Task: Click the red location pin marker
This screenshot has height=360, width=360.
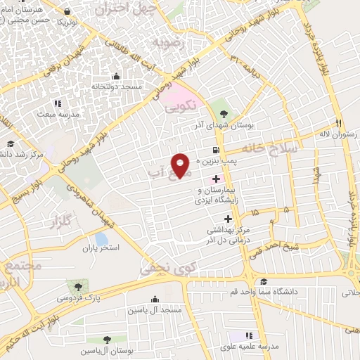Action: [x=181, y=165]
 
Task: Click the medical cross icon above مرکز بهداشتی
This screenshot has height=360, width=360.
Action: [x=227, y=219]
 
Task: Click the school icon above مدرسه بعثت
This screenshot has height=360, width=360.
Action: [x=53, y=103]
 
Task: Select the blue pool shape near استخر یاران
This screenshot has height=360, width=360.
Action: [x=102, y=239]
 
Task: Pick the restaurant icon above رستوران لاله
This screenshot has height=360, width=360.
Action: [x=339, y=122]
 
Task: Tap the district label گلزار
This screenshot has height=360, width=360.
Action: [x=62, y=224]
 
